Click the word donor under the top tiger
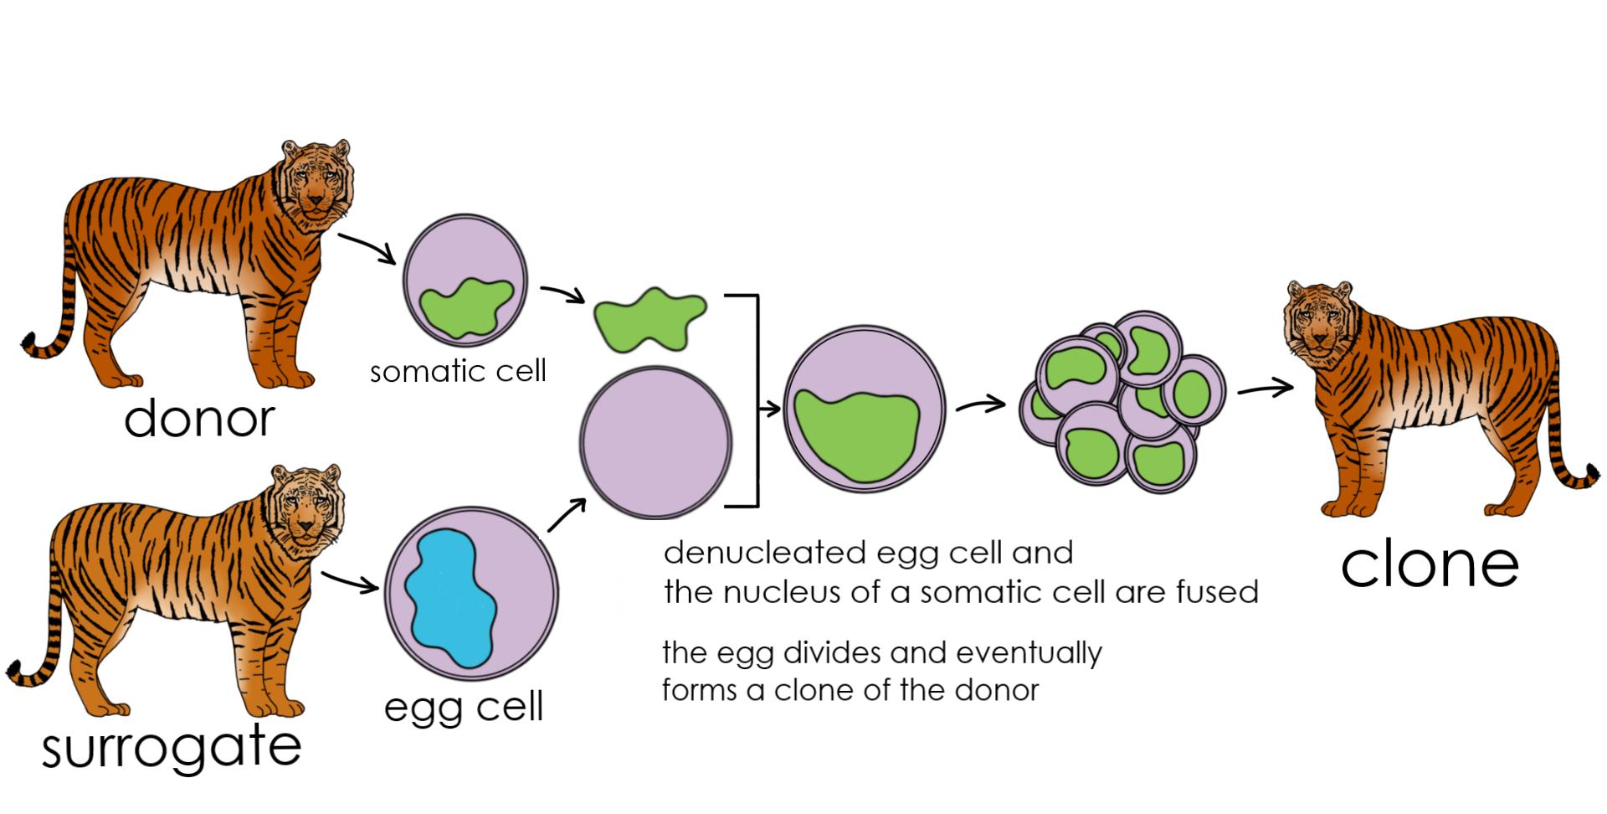(199, 418)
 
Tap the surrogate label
(172, 747)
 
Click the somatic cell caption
(458, 370)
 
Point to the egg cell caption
(464, 706)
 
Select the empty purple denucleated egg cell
(656, 441)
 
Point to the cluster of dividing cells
(1122, 402)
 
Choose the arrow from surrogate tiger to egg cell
(350, 582)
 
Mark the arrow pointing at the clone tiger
(1266, 389)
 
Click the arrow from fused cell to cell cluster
(980, 405)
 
